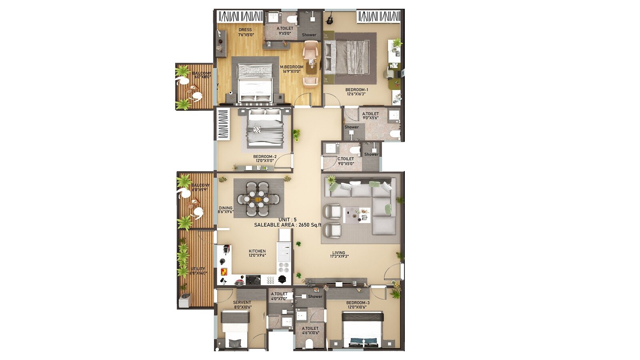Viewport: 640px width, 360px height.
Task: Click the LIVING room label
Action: (x=339, y=253)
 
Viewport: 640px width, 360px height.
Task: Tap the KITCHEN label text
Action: (x=257, y=252)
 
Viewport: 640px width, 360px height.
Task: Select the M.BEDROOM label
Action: (x=292, y=67)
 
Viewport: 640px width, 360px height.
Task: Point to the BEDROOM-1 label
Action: (x=356, y=90)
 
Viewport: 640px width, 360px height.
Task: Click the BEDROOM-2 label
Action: (x=265, y=157)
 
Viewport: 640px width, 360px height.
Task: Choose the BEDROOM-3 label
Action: (x=358, y=303)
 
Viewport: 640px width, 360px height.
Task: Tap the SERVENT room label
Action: (x=242, y=303)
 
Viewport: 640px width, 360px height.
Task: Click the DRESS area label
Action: (x=245, y=30)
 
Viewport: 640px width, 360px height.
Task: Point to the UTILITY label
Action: (x=198, y=269)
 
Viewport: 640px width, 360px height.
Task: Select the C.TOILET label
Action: (x=346, y=159)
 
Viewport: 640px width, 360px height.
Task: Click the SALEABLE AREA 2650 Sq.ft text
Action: (x=288, y=225)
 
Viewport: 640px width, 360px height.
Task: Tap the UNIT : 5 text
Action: (x=288, y=220)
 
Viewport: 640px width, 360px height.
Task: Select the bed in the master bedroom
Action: (x=255, y=83)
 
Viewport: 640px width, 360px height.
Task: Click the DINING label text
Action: (x=226, y=208)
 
